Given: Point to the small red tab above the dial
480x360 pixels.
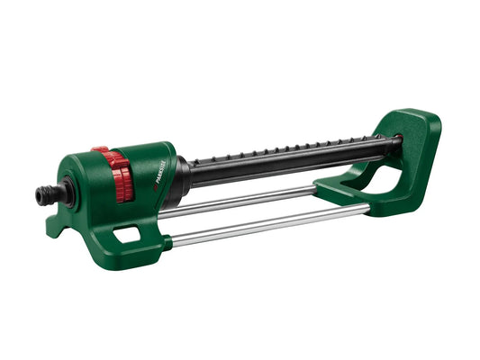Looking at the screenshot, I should point(99,148).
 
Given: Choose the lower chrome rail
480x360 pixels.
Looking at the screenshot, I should point(270,226).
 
